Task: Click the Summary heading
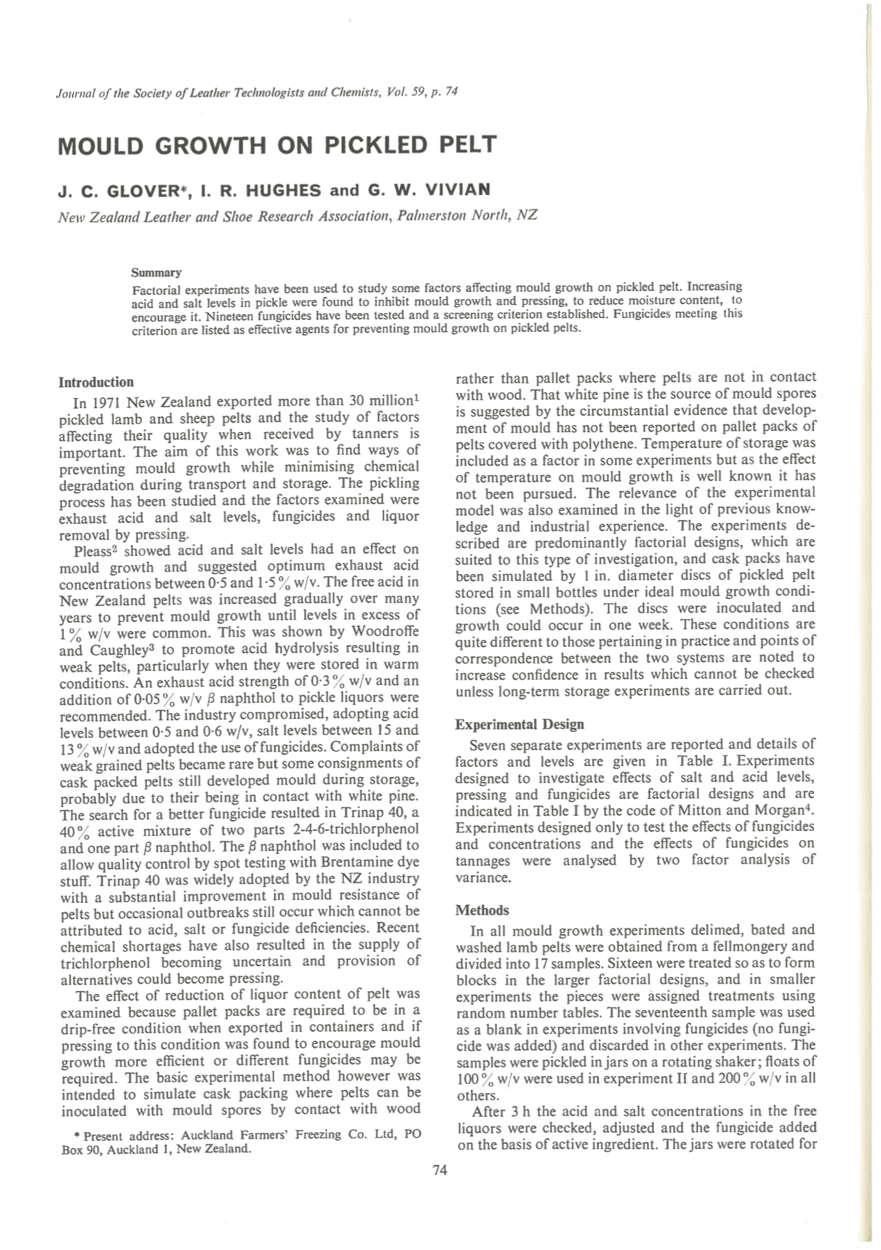156,273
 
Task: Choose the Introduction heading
96,382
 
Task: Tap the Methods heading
482,910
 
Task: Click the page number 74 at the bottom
439,1170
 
